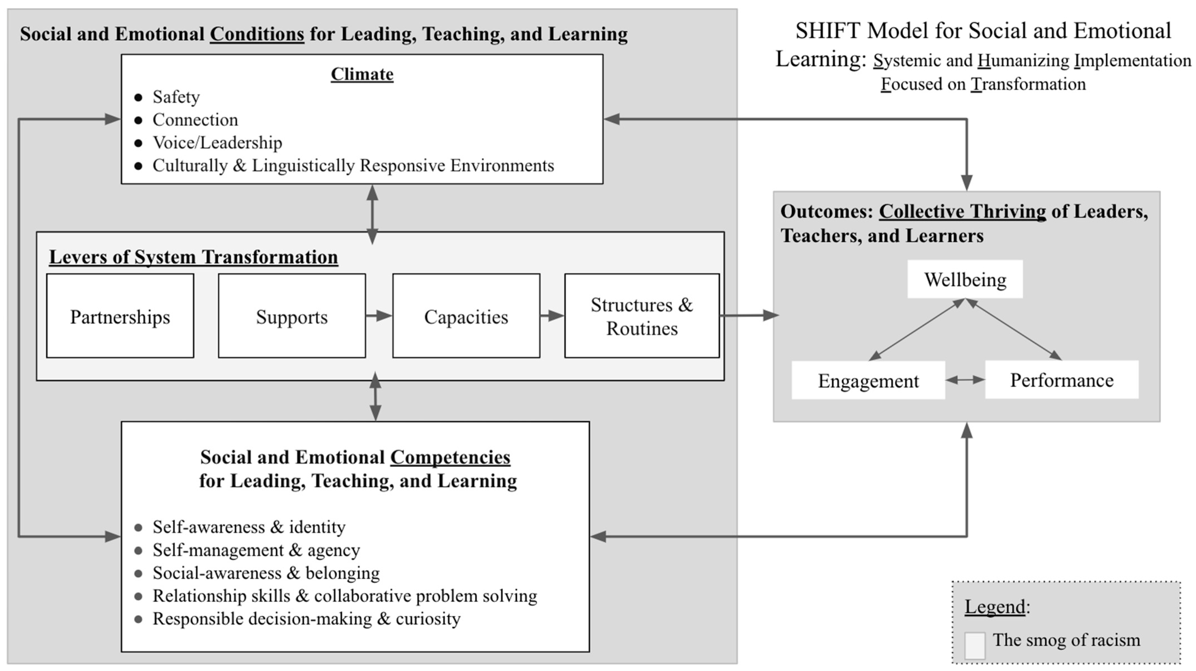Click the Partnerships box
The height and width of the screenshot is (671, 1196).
tap(120, 316)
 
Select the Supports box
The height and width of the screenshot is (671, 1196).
tap(291, 316)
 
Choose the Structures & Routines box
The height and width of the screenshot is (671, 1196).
tap(642, 316)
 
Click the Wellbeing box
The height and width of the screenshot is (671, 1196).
tap(965, 279)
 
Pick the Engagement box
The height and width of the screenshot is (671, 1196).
tap(868, 380)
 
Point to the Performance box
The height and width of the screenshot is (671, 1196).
tap(1061, 380)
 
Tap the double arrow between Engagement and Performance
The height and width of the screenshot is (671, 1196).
tap(965, 380)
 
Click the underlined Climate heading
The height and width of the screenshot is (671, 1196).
tap(362, 74)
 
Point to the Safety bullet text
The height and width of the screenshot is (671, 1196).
tap(176, 97)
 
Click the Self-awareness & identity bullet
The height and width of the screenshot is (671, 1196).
tap(249, 527)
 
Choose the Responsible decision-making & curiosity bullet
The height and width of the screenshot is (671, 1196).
tap(307, 618)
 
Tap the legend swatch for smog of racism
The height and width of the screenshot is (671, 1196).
tap(974, 645)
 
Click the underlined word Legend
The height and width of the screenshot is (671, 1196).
tap(995, 606)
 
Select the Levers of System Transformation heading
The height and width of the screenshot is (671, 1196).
tap(193, 257)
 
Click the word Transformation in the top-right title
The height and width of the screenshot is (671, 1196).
tap(1028, 84)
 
